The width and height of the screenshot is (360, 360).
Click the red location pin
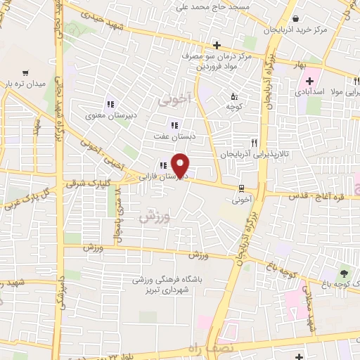(x=181, y=165)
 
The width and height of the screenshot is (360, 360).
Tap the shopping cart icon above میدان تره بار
(x=26, y=72)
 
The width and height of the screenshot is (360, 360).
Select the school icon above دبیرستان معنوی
(x=110, y=103)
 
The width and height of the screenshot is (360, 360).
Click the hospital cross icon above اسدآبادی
(x=309, y=81)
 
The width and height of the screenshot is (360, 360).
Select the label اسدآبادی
(x=309, y=93)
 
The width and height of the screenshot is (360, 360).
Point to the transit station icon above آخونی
(x=242, y=188)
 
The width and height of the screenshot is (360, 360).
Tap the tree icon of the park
(x=344, y=273)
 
